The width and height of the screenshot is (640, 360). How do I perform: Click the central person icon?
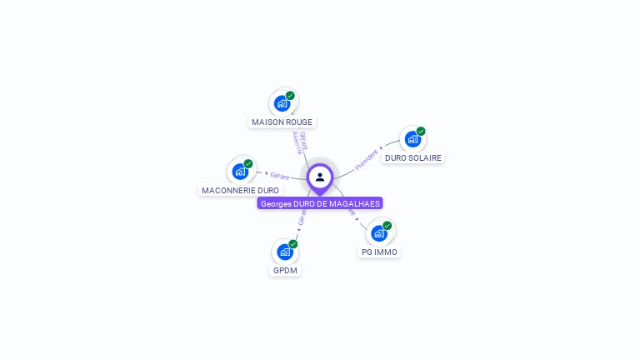(320, 177)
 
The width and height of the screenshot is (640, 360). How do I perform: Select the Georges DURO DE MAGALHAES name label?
(320, 203)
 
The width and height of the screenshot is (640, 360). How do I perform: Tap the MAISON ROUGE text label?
(282, 122)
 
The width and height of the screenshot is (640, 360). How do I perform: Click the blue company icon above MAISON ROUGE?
(282, 104)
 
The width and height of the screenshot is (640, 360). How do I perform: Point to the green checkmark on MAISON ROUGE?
(290, 95)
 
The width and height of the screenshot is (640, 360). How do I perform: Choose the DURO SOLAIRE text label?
(413, 157)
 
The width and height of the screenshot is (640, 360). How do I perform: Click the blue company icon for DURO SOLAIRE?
(412, 139)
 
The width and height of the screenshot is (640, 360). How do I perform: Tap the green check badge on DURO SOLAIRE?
(421, 131)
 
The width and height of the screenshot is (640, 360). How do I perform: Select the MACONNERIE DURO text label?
(240, 190)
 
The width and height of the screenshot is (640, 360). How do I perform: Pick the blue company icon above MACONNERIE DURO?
(240, 172)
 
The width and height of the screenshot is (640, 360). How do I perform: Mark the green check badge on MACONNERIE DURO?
(248, 163)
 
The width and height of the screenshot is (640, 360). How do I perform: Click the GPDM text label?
(285, 270)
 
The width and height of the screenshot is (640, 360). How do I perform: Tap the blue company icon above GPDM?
(284, 252)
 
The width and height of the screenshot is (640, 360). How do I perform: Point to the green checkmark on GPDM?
(293, 243)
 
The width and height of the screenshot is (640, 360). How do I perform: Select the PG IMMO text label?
(379, 252)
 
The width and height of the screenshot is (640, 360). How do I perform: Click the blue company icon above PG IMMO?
(378, 233)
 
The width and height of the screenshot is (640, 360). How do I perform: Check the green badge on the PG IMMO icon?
(387, 225)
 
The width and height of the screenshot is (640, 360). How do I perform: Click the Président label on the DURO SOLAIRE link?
(367, 159)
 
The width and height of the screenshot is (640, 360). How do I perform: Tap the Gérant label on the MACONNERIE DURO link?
(279, 176)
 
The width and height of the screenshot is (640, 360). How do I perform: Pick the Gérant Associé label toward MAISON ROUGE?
(300, 142)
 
